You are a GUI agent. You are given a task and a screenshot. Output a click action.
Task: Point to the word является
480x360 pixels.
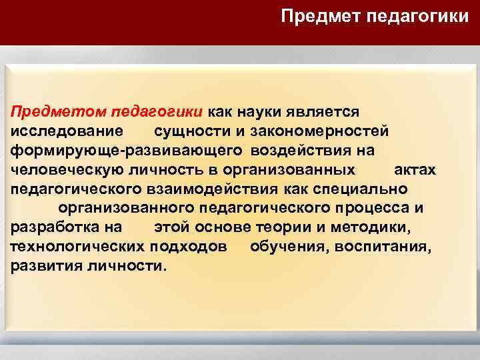[x=327, y=110]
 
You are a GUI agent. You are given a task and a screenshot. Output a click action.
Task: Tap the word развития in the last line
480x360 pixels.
[x=45, y=267]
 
